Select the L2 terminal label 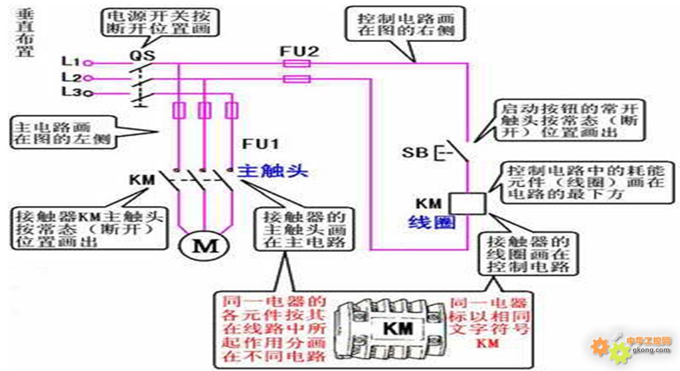70,78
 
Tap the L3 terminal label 70,92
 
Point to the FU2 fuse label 295,51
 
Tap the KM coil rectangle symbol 468,202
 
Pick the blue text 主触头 274,170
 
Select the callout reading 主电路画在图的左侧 62,133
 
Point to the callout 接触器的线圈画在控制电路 528,253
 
